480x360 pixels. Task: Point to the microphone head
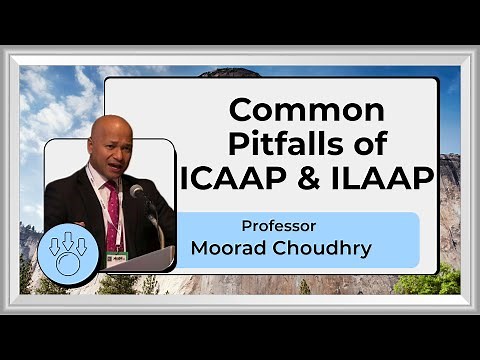[x=137, y=191]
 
